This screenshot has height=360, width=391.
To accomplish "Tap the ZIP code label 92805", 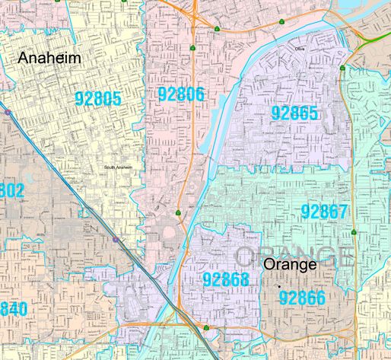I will click(x=100, y=97).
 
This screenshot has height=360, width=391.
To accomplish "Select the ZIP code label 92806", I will click(x=181, y=94).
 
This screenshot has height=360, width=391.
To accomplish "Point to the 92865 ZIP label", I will click(x=294, y=113).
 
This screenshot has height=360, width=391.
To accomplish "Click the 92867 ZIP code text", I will click(x=323, y=211).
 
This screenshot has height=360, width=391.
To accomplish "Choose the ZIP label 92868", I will click(x=226, y=279).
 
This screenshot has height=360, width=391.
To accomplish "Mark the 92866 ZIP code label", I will click(x=303, y=297).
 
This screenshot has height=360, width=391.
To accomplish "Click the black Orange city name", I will click(x=289, y=265).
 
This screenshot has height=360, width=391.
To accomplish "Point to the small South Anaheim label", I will click(x=118, y=168).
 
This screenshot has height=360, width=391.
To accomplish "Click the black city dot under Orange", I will click(x=279, y=284).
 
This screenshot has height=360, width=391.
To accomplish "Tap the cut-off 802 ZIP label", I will click(x=11, y=190).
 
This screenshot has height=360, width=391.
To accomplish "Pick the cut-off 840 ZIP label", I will click(x=13, y=309).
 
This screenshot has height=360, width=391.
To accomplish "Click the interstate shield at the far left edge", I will click(x=7, y=112).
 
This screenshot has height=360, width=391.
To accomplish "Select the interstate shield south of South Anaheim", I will click(x=115, y=239).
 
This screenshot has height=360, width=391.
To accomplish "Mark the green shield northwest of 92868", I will click(x=177, y=212).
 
